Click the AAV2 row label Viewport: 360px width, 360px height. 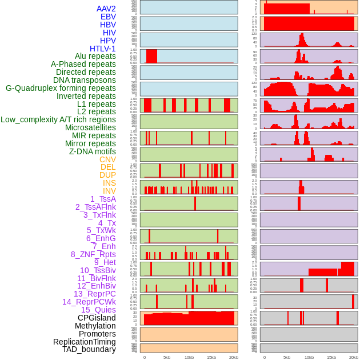(x=106, y=9)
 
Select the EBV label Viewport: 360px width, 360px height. (x=108, y=17)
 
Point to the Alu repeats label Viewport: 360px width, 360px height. (x=95, y=56)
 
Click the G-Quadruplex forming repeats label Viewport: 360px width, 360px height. (x=61, y=88)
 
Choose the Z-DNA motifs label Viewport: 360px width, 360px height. (x=93, y=151)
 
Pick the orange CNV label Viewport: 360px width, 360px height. (x=107, y=159)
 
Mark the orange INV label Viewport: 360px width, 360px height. (x=109, y=191)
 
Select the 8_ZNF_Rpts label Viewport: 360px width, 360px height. (x=93, y=254)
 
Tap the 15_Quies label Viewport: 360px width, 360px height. (x=98, y=310)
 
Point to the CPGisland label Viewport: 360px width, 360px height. (x=97, y=318)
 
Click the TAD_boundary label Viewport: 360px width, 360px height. (x=89, y=349)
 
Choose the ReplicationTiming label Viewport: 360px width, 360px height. (x=84, y=342)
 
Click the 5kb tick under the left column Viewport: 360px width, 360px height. (x=167, y=357)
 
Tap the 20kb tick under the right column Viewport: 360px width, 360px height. (x=354, y=357)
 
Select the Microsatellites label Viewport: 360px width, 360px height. (x=90, y=127)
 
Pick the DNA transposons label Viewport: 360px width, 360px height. (x=85, y=80)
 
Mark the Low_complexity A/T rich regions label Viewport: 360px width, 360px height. (x=58, y=119)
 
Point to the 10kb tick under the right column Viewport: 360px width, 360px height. (x=309, y=357)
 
